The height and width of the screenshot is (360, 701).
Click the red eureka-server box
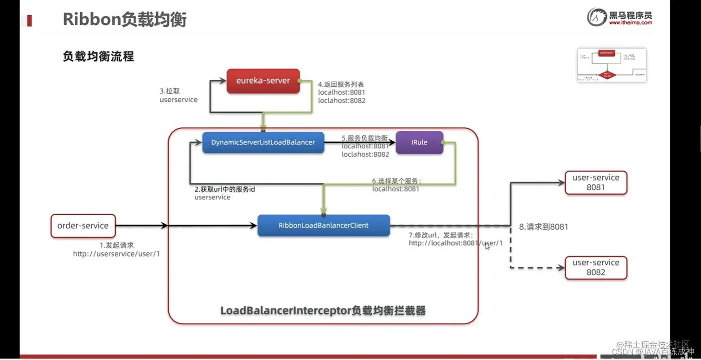[263, 81]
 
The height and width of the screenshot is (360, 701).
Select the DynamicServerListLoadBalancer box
[263, 142]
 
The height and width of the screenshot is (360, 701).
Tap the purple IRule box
[419, 142]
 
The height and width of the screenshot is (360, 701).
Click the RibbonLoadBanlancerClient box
[323, 225]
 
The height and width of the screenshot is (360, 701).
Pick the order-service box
[83, 226]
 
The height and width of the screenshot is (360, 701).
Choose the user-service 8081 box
[596, 183]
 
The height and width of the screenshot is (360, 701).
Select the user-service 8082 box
[596, 268]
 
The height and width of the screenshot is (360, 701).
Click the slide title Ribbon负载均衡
[124, 20]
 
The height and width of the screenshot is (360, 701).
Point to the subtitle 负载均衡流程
[98, 57]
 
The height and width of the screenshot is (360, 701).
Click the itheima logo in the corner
[620, 17]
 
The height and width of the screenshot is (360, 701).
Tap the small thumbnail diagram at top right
[611, 65]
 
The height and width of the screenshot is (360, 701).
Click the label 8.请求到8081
[543, 227]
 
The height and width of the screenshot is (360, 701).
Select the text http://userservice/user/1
[116, 254]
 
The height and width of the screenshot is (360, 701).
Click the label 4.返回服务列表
[341, 84]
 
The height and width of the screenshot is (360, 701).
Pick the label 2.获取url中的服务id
[225, 189]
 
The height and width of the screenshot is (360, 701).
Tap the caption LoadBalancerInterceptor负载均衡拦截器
[323, 310]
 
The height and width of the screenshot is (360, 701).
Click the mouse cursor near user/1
[487, 246]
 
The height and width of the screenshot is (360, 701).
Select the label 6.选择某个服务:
[396, 181]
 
